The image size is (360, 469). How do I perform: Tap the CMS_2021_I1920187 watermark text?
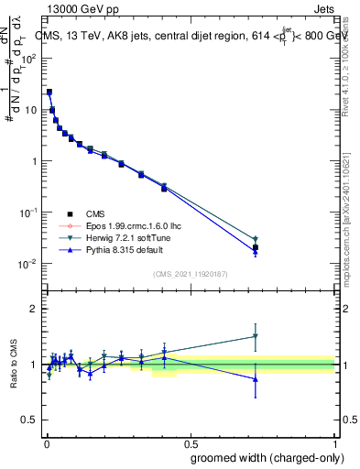[191, 274]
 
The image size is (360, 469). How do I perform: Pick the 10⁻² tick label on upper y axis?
[28, 264]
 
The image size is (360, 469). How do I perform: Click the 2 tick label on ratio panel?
[34, 309]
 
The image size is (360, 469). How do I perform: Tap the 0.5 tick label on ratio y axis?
[30, 420]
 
